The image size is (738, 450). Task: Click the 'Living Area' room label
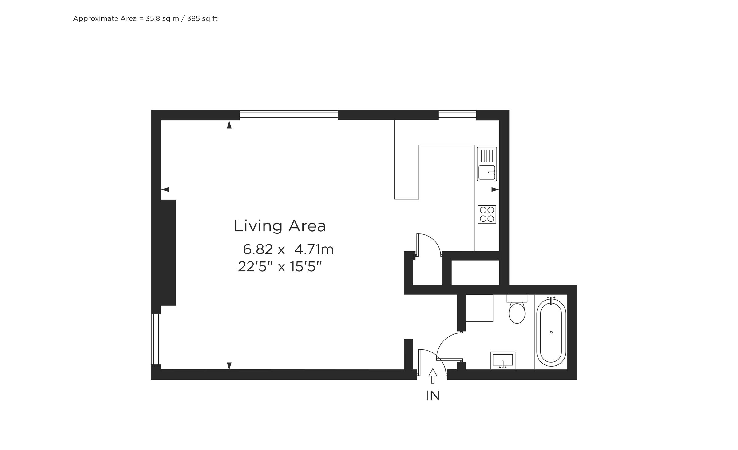pos(280,226)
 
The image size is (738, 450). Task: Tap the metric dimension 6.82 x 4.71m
pos(288,249)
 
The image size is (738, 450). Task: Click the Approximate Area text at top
pos(145,18)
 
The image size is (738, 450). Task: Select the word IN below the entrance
pos(433,396)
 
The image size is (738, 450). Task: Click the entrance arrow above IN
pos(433,376)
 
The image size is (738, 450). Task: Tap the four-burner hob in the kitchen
pos(487,214)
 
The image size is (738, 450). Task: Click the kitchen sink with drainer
pos(487,164)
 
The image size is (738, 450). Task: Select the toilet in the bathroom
pos(517,309)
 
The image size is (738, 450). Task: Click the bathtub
pos(551,333)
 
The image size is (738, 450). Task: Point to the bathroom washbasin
pos(503,360)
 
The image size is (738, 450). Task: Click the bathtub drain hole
pos(551,332)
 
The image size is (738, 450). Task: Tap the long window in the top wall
pos(288,115)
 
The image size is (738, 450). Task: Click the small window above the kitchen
pos(457,115)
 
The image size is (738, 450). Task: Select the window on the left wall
pos(155,339)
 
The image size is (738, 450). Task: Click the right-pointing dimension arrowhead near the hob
pos(495,189)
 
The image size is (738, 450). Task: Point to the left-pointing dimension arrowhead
pos(165,189)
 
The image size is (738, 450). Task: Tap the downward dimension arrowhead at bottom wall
pos(229,366)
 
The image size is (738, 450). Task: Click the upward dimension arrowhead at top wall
pos(229,125)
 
